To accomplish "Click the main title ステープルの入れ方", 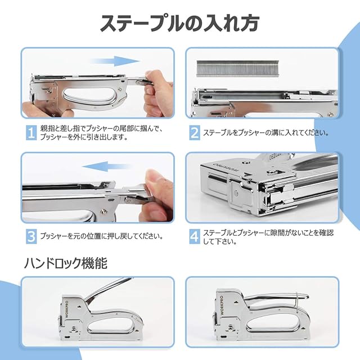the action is click(x=180, y=23).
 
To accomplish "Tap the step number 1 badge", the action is click(x=31, y=133).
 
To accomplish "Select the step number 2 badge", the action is click(x=195, y=133).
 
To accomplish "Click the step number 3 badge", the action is click(x=31, y=236).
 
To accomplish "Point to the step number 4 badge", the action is click(x=195, y=236).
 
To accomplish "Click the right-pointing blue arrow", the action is click(x=115, y=61).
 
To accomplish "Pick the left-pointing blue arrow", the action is click(x=106, y=166).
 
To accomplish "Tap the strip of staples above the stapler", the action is click(x=237, y=69).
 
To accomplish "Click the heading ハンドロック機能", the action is click(x=66, y=263).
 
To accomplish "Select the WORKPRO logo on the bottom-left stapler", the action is click(x=67, y=309).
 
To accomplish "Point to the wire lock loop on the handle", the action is click(x=297, y=303).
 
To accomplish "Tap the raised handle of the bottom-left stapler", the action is click(x=108, y=290).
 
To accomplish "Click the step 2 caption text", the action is click(x=266, y=133).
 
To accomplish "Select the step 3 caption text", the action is click(x=101, y=236).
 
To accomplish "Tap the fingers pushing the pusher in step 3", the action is click(x=156, y=195).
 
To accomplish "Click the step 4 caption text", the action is click(x=268, y=237).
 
